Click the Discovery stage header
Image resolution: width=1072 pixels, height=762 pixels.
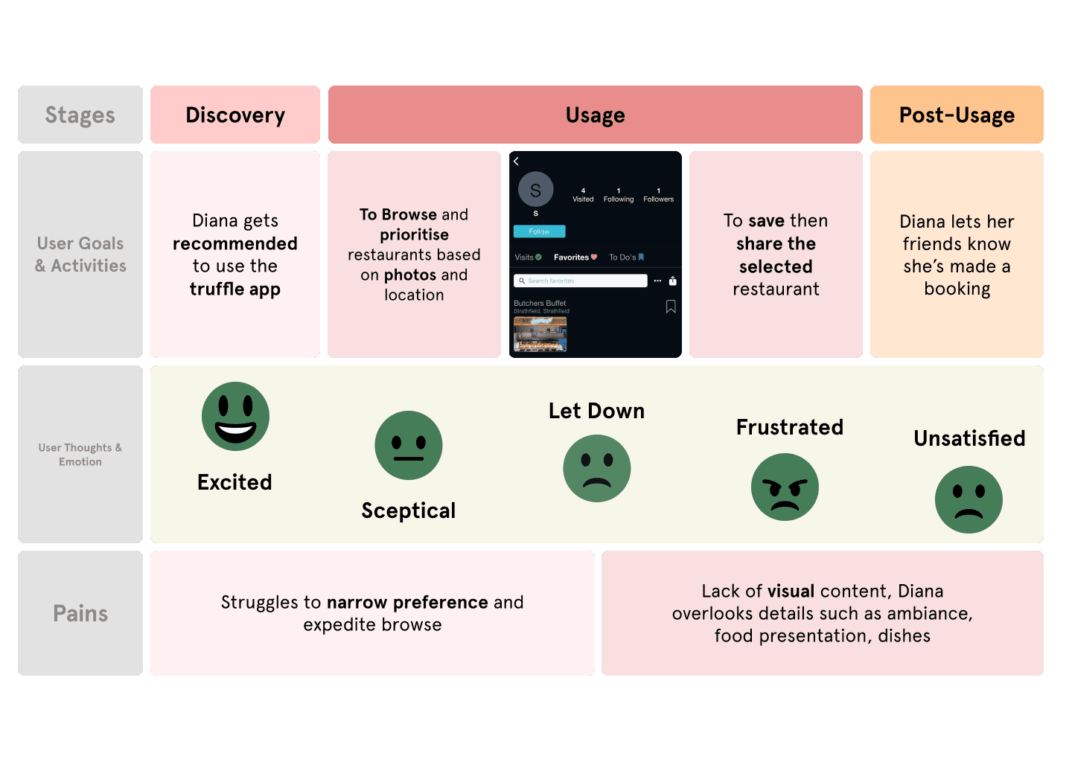click(x=235, y=115)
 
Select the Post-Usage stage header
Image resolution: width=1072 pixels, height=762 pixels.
click(x=957, y=115)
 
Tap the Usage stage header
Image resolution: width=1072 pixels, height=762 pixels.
click(x=595, y=115)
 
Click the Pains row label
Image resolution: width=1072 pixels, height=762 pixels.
click(x=80, y=613)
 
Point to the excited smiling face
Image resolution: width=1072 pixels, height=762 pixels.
click(x=235, y=416)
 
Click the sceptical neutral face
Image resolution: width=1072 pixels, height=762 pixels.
click(x=409, y=445)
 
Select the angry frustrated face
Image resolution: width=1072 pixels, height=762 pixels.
click(x=785, y=487)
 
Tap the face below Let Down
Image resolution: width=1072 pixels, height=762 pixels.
click(x=597, y=468)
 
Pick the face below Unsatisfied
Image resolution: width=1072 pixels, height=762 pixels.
click(x=969, y=499)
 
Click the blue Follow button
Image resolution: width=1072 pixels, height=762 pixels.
click(x=539, y=231)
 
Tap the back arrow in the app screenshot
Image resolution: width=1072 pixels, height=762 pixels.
click(x=516, y=161)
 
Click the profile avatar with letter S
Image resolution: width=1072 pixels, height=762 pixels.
click(x=535, y=190)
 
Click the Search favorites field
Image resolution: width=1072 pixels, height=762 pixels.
click(x=580, y=281)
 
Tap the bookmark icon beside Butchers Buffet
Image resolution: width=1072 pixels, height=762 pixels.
click(x=671, y=307)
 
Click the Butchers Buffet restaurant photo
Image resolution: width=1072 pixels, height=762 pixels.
click(x=540, y=334)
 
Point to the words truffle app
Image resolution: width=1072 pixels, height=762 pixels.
click(x=235, y=289)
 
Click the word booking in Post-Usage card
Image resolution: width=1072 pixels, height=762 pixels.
click(x=957, y=289)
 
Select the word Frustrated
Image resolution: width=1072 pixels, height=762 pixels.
click(x=790, y=427)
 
